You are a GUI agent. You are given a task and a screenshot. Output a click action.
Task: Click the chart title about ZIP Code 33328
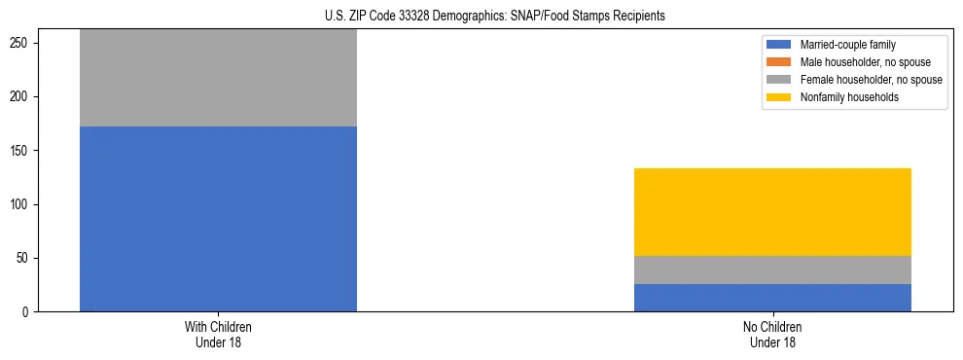495,17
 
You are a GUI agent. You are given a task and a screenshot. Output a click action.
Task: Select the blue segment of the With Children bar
218,219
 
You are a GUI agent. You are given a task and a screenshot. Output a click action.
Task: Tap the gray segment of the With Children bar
218,78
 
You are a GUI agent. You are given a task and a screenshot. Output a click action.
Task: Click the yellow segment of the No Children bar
772,212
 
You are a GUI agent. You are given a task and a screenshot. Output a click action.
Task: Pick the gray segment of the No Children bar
772,270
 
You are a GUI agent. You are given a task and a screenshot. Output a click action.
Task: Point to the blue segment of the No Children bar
772,298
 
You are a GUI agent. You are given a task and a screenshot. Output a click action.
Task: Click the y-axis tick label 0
28,312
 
